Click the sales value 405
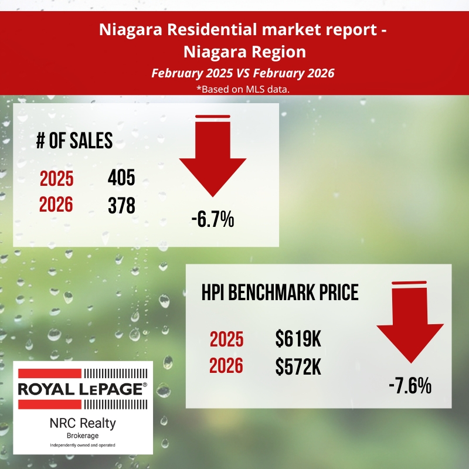(x=121, y=178)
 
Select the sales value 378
(x=121, y=205)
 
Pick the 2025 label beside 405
(x=56, y=178)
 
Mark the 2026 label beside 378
(x=56, y=205)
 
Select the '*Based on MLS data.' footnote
(x=235, y=90)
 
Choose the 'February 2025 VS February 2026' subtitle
(x=235, y=74)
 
